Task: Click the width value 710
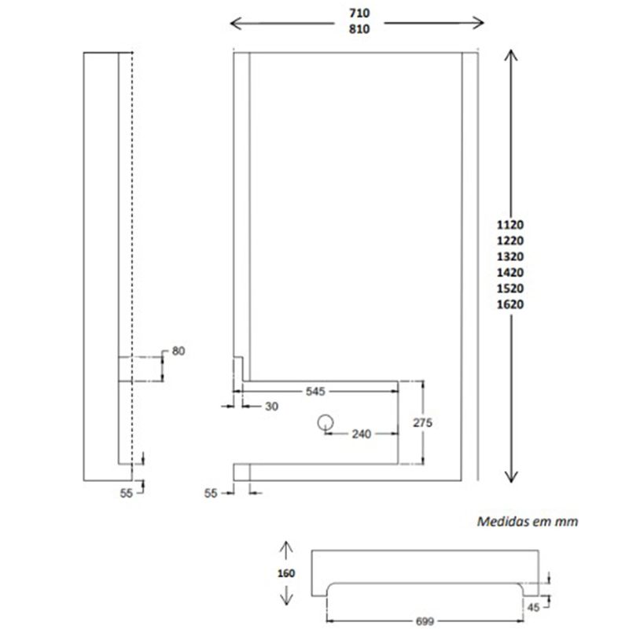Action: click(x=359, y=13)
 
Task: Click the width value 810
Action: click(x=359, y=29)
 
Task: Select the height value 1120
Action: click(x=510, y=225)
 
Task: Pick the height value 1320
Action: click(x=510, y=256)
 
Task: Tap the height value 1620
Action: click(x=510, y=304)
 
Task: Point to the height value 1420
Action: click(x=510, y=272)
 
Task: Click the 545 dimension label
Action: click(x=315, y=391)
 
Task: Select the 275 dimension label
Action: click(x=423, y=422)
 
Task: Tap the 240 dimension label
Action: click(x=362, y=434)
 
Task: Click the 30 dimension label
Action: click(x=271, y=406)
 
